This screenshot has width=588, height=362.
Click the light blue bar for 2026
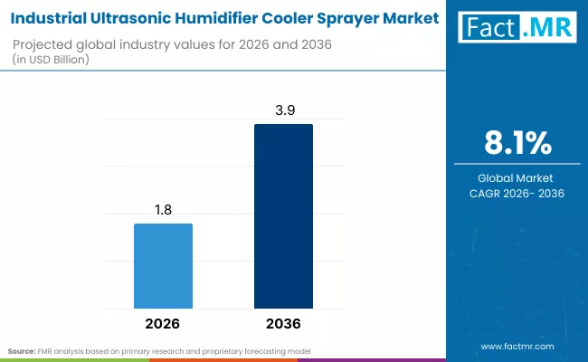pos(163,264)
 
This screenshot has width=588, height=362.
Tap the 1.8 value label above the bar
pos(163,208)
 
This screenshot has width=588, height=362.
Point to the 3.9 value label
pos(283,109)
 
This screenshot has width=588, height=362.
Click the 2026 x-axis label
pos(163,323)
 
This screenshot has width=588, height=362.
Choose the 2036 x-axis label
pos(283,323)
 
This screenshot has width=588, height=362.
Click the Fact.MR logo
pos(517,28)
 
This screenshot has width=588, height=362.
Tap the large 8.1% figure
pos(517,144)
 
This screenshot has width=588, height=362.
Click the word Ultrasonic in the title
pos(134,17)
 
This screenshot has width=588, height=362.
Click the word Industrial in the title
pos(52,17)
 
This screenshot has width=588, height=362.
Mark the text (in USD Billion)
pos(56,60)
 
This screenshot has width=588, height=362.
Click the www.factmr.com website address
pos(517,346)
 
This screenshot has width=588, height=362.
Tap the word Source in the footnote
pos(22,349)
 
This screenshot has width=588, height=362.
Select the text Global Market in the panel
pos(517,177)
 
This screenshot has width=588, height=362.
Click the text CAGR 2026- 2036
pos(517,193)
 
